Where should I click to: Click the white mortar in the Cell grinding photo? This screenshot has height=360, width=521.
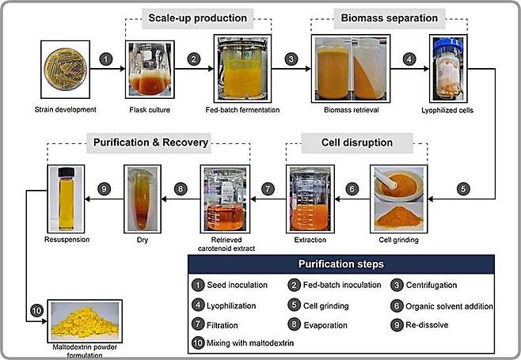(x=395, y=185)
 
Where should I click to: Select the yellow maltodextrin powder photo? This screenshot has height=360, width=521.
(x=84, y=320)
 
